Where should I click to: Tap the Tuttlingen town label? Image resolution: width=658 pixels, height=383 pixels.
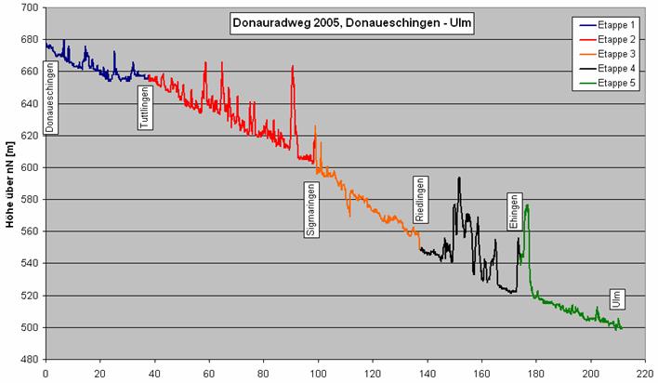(145, 104)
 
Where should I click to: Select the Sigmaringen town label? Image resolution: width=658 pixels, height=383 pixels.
(310, 209)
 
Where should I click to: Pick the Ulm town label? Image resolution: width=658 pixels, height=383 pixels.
(614, 298)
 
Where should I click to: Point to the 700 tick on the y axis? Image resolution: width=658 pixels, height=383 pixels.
(29, 7)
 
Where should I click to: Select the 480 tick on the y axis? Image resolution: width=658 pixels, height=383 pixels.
(29, 360)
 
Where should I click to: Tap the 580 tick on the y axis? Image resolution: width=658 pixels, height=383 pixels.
(29, 200)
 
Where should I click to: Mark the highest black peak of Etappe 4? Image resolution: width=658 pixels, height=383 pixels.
(458, 178)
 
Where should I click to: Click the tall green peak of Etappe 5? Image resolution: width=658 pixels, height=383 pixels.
(527, 205)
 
